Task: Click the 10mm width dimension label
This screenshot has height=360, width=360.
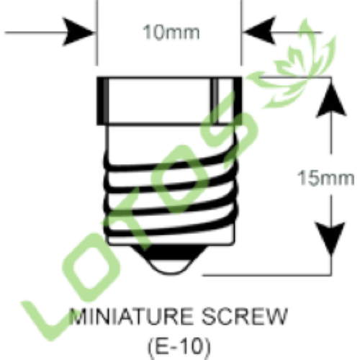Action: [x=171, y=32]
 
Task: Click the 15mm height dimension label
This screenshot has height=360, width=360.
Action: [x=325, y=178]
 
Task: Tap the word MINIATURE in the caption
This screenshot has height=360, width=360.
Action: [x=131, y=316]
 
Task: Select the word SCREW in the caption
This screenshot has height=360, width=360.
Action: [x=245, y=316]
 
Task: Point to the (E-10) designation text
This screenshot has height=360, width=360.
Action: [x=179, y=346]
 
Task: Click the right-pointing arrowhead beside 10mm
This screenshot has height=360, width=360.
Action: [x=78, y=32]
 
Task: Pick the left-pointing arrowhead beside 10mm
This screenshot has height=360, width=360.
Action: [x=259, y=30]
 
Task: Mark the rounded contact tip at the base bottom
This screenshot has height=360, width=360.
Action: [x=171, y=267]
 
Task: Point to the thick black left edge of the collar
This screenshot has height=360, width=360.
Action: [x=102, y=101]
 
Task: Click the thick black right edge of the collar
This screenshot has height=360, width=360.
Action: [x=238, y=101]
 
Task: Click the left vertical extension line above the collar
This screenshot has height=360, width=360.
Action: [x=97, y=32]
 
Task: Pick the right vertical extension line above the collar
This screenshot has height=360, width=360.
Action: [x=241, y=32]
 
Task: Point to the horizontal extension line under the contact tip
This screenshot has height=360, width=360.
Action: [x=267, y=275]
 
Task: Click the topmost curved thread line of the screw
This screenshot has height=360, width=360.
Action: [x=171, y=163]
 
